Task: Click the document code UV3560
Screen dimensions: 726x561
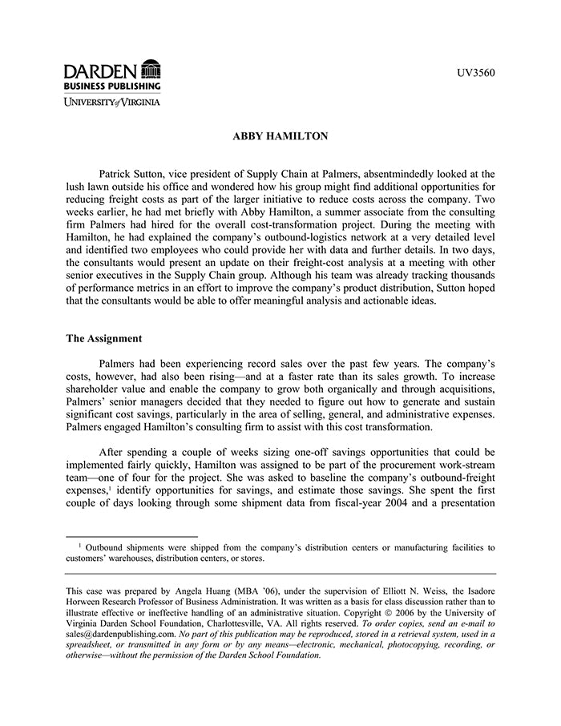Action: click(476, 74)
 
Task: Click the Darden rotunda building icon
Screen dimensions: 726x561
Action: click(150, 69)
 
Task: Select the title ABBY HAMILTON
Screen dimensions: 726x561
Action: click(280, 136)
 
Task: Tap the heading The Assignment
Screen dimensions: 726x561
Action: click(103, 339)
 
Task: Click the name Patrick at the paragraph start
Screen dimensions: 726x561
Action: click(117, 173)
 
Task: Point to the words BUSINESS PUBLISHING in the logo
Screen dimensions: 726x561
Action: click(112, 86)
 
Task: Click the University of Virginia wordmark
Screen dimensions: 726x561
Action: click(112, 102)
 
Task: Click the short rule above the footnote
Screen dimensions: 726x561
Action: click(131, 536)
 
